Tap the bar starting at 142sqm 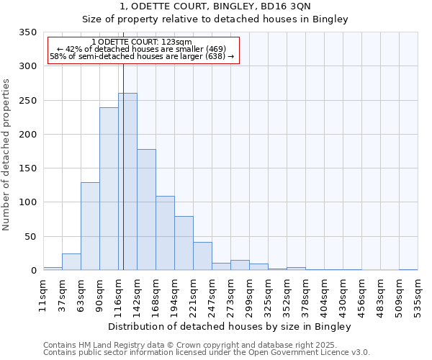(x=146, y=210)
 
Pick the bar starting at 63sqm (x=90, y=226)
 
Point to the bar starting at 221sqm (x=202, y=256)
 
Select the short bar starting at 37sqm (x=71, y=262)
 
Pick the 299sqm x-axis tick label (x=250, y=294)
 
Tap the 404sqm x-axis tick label (x=325, y=294)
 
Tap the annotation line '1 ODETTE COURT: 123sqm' (x=142, y=42)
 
